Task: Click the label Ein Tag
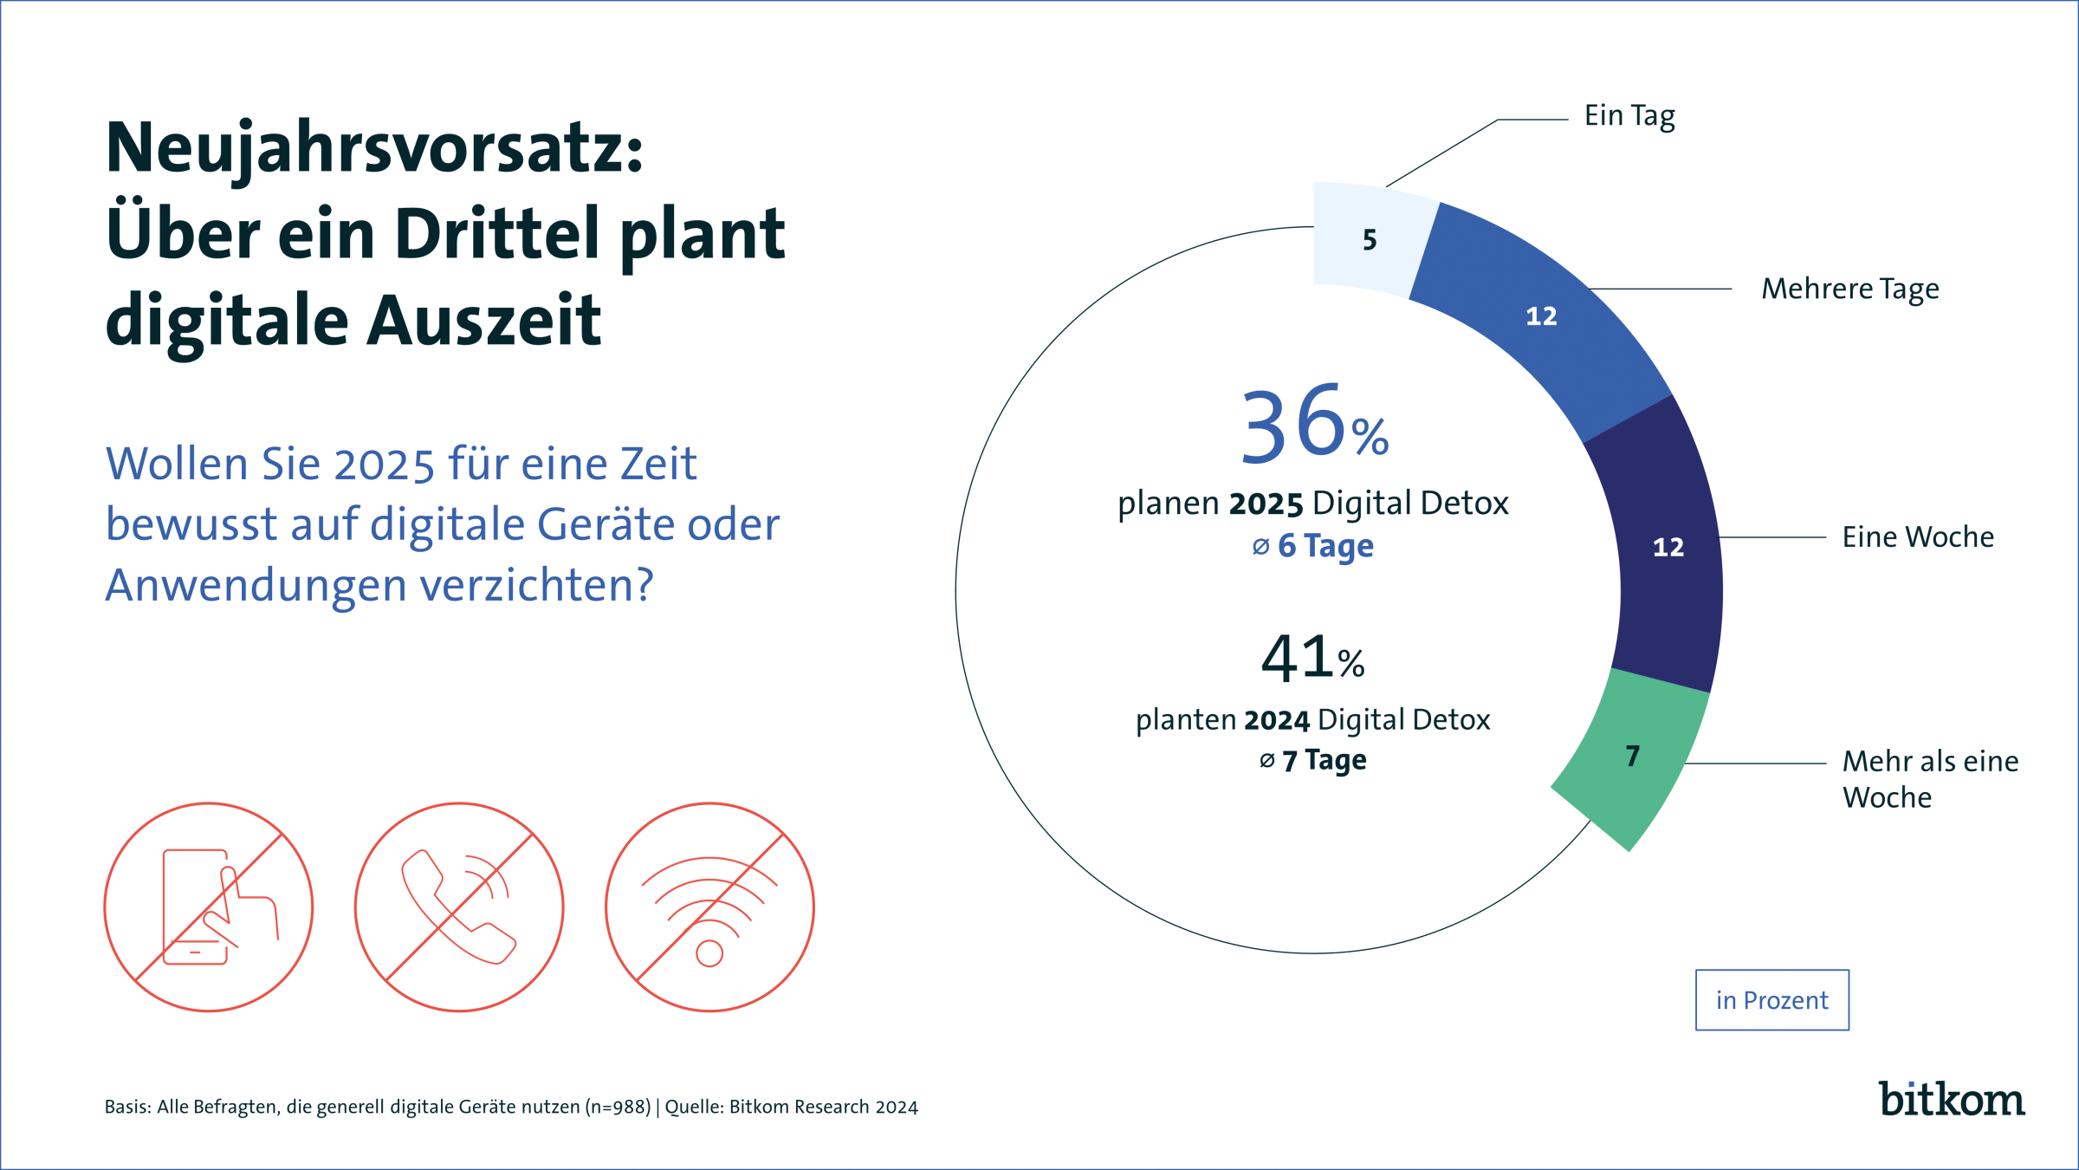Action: tap(1629, 116)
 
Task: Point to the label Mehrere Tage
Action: tap(1850, 289)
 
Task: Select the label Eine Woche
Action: tap(1918, 537)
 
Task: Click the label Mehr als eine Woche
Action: tap(1930, 779)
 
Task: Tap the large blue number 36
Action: tap(1292, 425)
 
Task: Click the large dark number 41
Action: tap(1297, 658)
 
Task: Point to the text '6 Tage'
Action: tap(1324, 546)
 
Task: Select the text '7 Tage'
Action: tap(1324, 760)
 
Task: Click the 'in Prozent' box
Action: tap(1771, 1000)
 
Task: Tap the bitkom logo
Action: tap(1952, 1099)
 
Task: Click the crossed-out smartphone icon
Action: tap(208, 907)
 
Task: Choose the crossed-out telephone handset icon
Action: tap(459, 907)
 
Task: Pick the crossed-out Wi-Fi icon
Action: tap(709, 907)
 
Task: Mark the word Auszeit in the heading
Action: tap(484, 321)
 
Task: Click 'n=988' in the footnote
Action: tap(618, 1107)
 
